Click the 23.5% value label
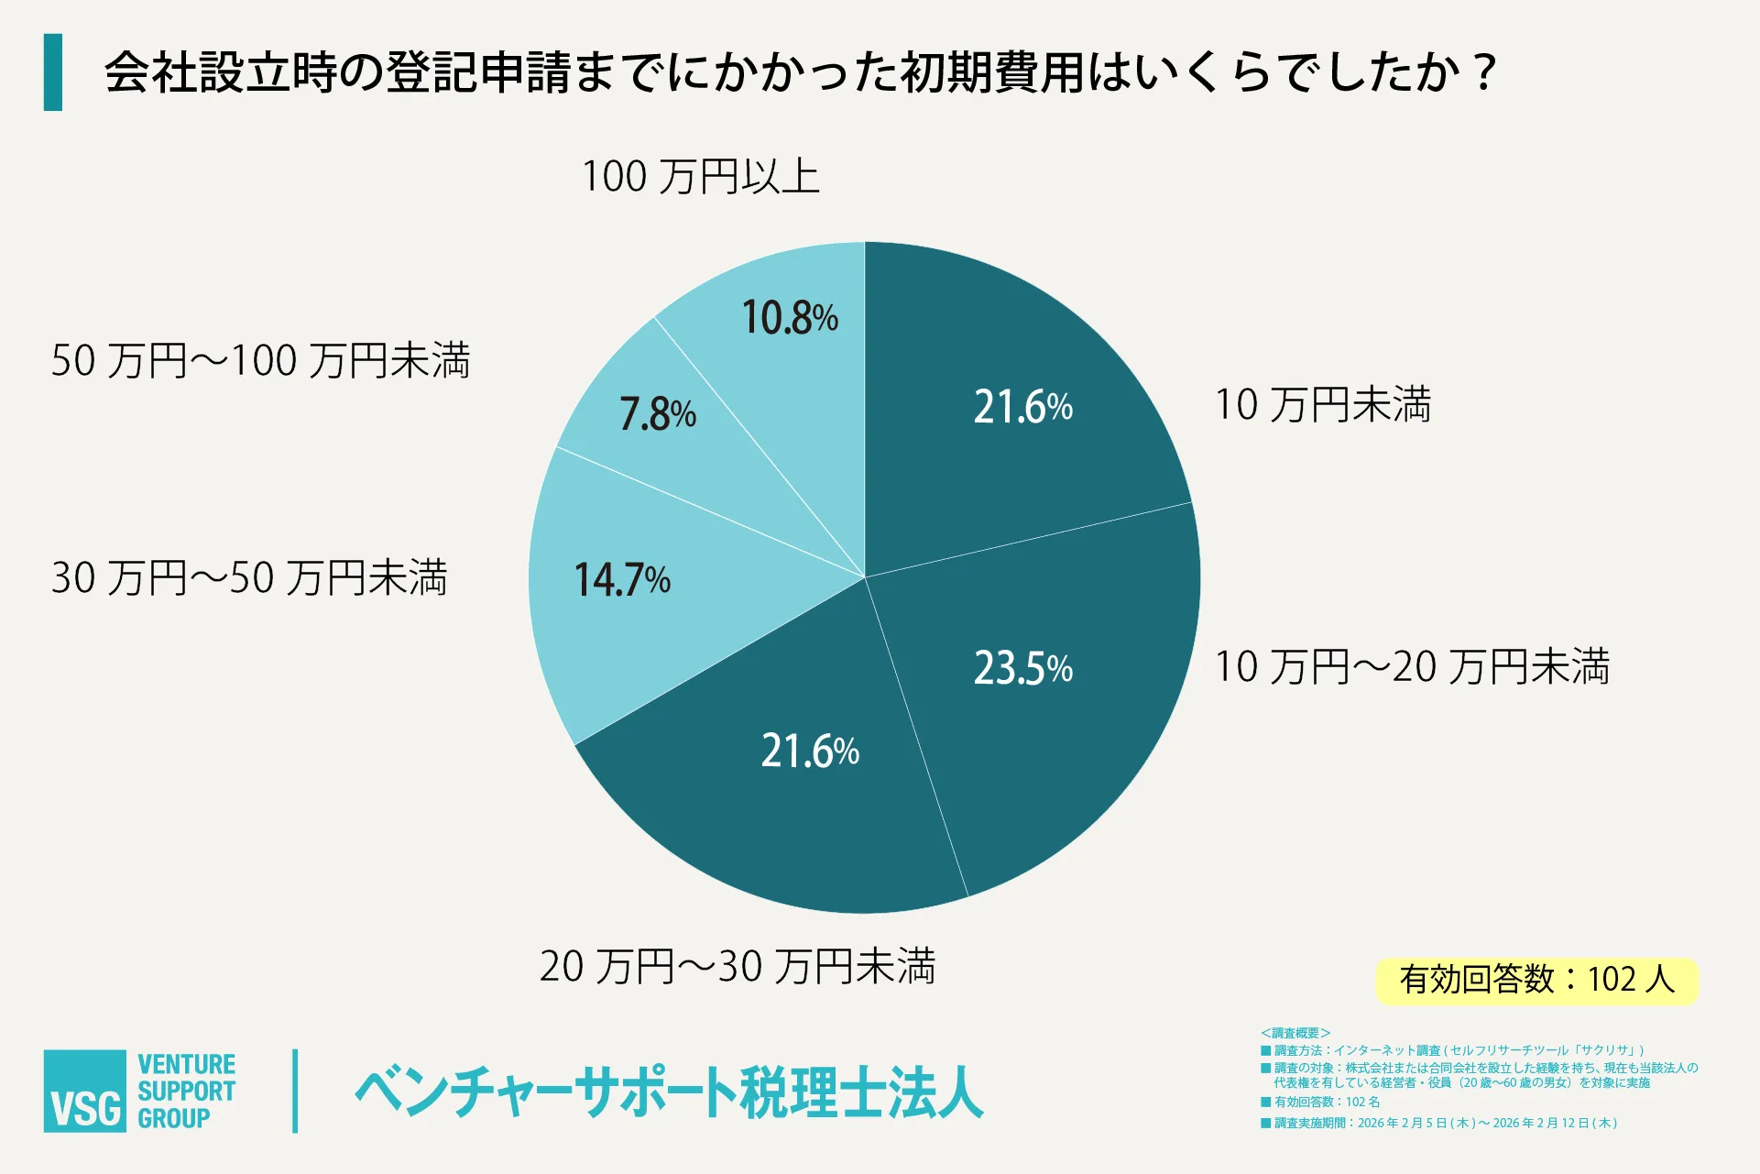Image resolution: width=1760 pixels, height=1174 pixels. pos(1022,668)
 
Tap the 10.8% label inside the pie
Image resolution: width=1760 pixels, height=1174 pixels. pos(789,318)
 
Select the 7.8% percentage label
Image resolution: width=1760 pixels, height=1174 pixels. pos(658,414)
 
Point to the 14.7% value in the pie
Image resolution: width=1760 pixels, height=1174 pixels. pos(622,579)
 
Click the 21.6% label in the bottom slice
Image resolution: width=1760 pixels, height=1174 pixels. pos(810,751)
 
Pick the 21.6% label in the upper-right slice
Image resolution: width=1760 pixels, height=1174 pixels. pos(1022,406)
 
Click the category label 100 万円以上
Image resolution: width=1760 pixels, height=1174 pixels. pos(700,176)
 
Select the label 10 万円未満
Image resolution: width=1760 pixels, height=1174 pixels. pos(1322,404)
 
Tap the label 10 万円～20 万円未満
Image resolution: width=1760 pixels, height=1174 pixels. pos(1411,666)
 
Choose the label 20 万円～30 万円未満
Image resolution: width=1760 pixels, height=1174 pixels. pos(737,966)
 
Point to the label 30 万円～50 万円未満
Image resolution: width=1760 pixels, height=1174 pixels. pos(249,577)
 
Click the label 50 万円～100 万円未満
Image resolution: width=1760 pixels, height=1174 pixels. pos(260,360)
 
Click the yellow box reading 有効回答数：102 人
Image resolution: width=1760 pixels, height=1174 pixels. pos(1536,981)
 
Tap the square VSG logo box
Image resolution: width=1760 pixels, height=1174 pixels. pos(85,1091)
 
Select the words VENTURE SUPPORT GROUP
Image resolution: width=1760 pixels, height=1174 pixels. pos(186,1091)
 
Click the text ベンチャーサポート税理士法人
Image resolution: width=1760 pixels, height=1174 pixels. pos(669,1092)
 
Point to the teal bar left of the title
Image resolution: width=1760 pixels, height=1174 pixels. pos(53,72)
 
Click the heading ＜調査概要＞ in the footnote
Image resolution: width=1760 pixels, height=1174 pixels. pos(1295,1033)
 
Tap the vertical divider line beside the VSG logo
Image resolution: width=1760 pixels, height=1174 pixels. pos(295,1091)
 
